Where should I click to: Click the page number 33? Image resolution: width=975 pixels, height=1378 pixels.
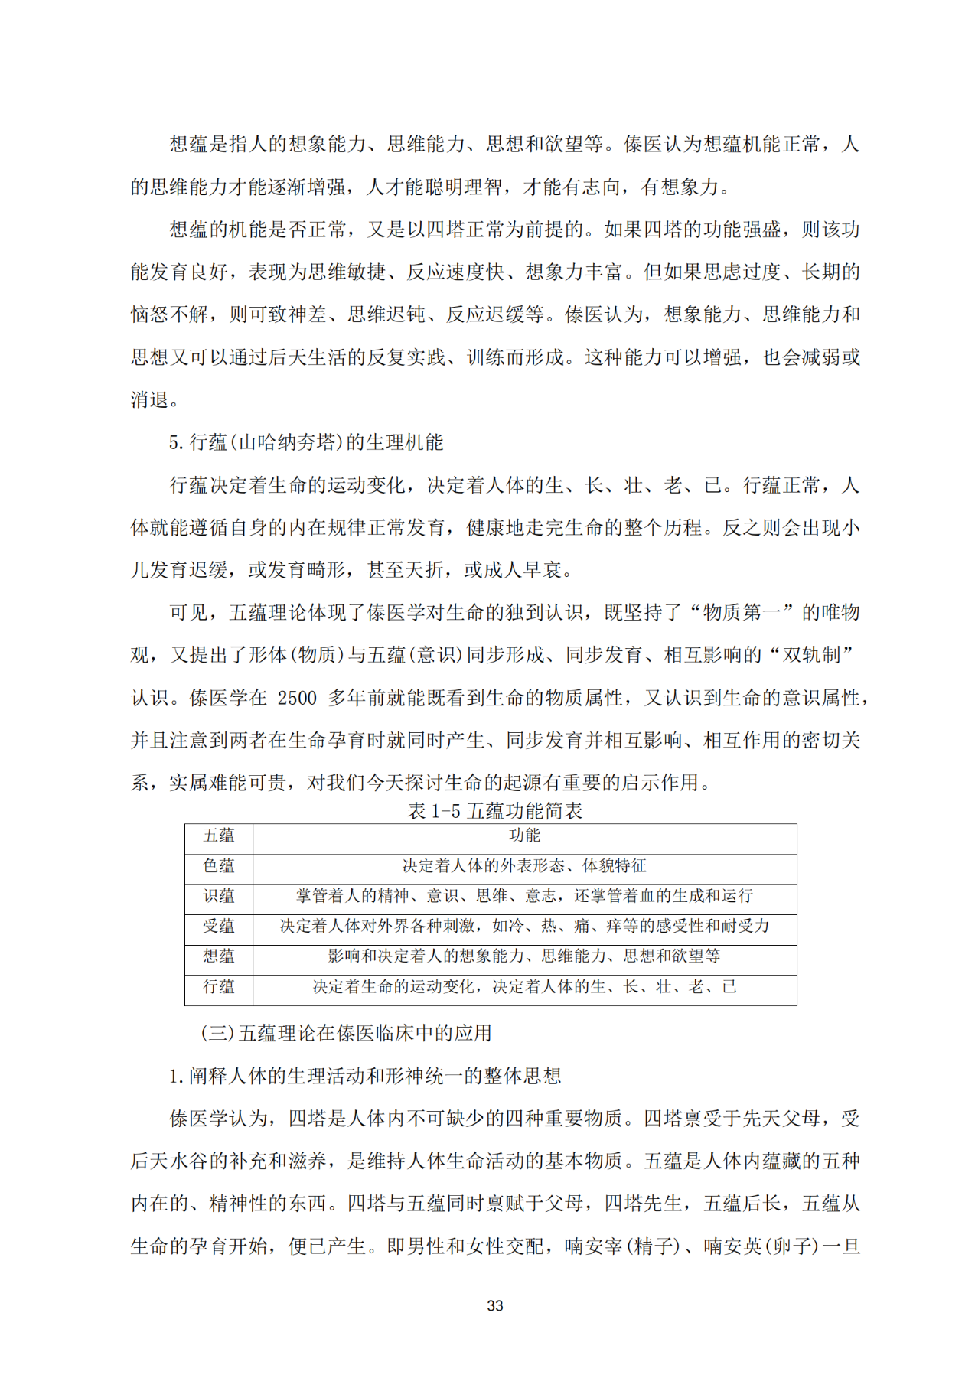point(494,1305)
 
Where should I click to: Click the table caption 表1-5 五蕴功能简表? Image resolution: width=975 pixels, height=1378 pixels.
point(494,811)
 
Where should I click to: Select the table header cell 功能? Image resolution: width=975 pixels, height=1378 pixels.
point(524,836)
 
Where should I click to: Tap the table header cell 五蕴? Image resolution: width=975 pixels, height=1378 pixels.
point(219,836)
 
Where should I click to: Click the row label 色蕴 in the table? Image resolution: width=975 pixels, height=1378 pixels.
point(219,866)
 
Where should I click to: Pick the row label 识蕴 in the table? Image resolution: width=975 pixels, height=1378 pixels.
point(219,896)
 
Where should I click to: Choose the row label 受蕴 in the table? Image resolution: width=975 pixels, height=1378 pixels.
point(219,926)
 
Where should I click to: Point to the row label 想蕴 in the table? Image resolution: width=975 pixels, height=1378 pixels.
point(219,956)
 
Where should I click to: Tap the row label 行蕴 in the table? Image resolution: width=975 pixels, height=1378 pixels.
point(219,987)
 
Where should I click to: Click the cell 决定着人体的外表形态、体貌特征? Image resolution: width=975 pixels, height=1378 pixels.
point(524,866)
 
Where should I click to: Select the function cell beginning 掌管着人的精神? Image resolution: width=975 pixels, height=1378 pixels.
point(524,896)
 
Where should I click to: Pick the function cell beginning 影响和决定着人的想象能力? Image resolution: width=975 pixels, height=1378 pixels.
point(524,956)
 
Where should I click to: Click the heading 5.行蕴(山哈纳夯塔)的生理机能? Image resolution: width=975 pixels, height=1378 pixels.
point(306,442)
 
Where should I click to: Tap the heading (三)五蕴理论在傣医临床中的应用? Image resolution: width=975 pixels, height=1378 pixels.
point(346,1033)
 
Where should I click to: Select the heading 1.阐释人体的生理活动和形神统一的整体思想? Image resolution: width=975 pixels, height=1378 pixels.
point(366,1076)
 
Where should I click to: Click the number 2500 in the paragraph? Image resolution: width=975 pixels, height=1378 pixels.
point(297,698)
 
